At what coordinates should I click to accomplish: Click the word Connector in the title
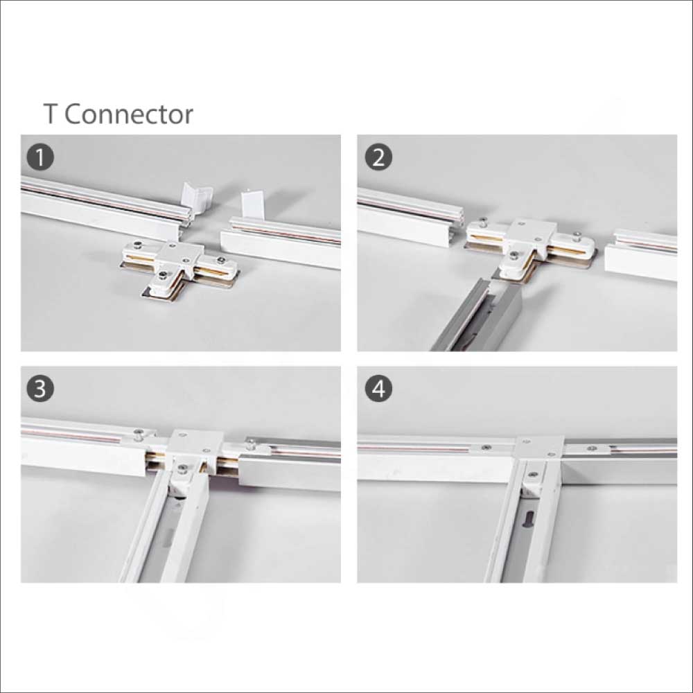[x=129, y=114]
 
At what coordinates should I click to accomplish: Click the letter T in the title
[x=50, y=114]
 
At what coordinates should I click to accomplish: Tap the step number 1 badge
[x=41, y=158]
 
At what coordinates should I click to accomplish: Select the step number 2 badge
[x=378, y=158]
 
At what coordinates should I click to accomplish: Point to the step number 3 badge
[x=41, y=389]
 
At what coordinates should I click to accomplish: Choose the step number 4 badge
[x=378, y=389]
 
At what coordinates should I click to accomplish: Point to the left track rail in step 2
[x=405, y=215]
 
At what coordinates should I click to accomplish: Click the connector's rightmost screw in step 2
[x=577, y=237]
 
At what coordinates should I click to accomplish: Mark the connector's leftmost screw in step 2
[x=483, y=224]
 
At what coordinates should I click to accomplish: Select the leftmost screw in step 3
[x=139, y=435]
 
